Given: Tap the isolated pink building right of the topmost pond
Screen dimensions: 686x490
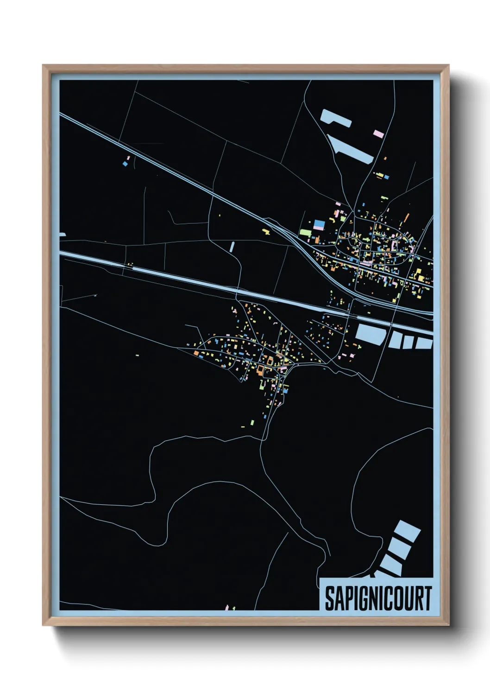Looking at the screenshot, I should click(x=379, y=133).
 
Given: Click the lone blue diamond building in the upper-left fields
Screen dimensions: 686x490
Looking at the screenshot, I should click(x=125, y=164).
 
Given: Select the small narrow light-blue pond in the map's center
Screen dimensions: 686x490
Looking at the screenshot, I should click(x=232, y=246).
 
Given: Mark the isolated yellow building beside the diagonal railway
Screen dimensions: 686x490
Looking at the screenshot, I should click(x=266, y=230).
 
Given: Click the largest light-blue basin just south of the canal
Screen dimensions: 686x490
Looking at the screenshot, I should click(x=370, y=334).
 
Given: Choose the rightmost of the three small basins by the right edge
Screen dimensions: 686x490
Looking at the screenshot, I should click(x=424, y=343).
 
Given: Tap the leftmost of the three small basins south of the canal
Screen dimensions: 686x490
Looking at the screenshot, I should click(x=396, y=341).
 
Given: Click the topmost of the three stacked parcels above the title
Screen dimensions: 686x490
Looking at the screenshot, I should click(x=408, y=531).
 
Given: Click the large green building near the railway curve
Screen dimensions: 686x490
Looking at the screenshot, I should click(x=305, y=231).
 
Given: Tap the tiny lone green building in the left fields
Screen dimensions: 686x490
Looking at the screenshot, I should click(x=137, y=356).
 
